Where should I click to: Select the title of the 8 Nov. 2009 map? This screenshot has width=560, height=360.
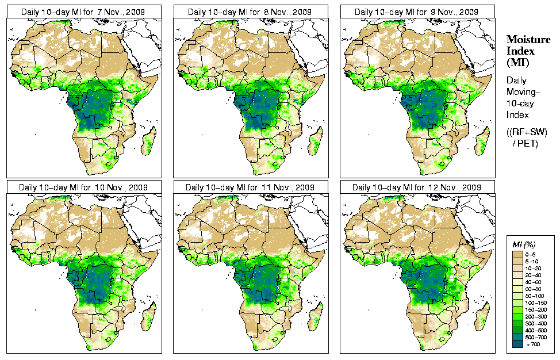click(x=251, y=12)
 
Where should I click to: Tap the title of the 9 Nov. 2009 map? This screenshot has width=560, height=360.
click(x=417, y=12)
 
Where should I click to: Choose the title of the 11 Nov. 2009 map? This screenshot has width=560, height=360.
click(x=251, y=187)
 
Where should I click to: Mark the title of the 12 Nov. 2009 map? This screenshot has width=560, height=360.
click(x=417, y=187)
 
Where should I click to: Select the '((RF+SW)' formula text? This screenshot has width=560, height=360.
click(x=527, y=132)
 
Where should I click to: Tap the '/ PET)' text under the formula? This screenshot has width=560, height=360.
click(x=526, y=143)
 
